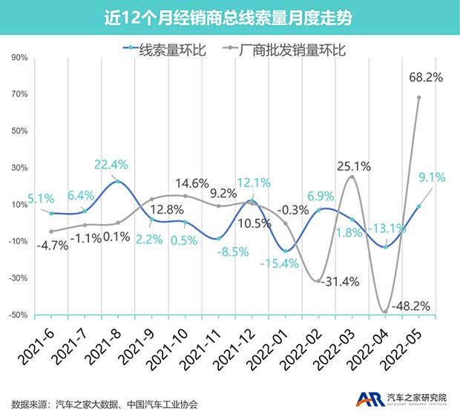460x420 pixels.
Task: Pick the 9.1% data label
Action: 431,177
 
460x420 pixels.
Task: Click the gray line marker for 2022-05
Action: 419,97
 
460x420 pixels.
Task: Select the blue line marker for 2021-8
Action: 117,182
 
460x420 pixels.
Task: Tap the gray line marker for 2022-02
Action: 318,280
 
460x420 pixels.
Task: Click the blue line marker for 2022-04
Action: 385,246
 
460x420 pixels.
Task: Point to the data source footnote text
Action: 105,404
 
